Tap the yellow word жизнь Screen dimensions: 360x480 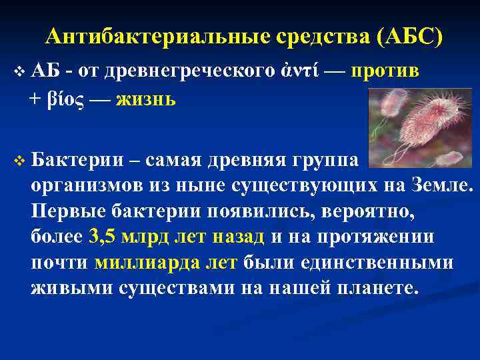coord(145,100)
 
